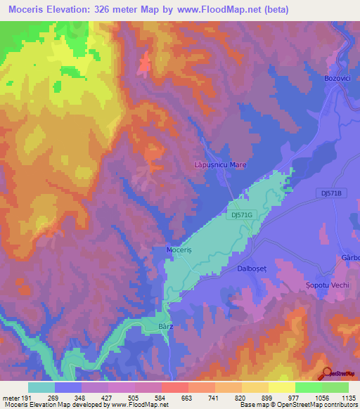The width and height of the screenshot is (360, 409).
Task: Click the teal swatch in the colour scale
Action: tap(41, 387)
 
